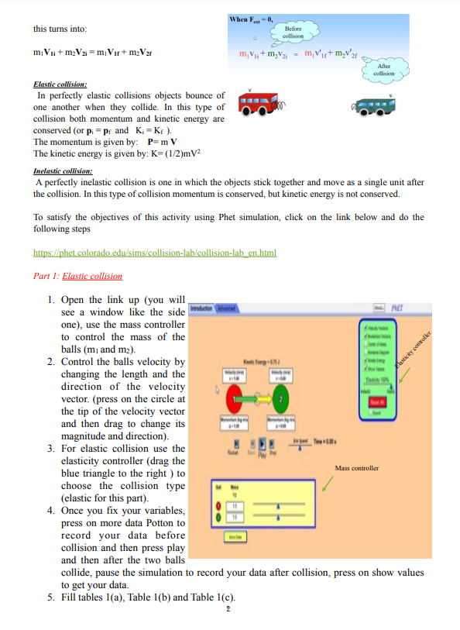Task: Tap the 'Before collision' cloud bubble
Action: pos(294,32)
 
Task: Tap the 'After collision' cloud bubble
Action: pos(383,70)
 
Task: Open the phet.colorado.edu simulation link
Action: pos(155,253)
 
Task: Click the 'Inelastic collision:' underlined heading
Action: pos(64,170)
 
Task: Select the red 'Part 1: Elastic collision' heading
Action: pos(77,276)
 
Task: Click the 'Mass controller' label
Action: pos(357,469)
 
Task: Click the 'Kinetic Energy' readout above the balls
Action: pos(259,363)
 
